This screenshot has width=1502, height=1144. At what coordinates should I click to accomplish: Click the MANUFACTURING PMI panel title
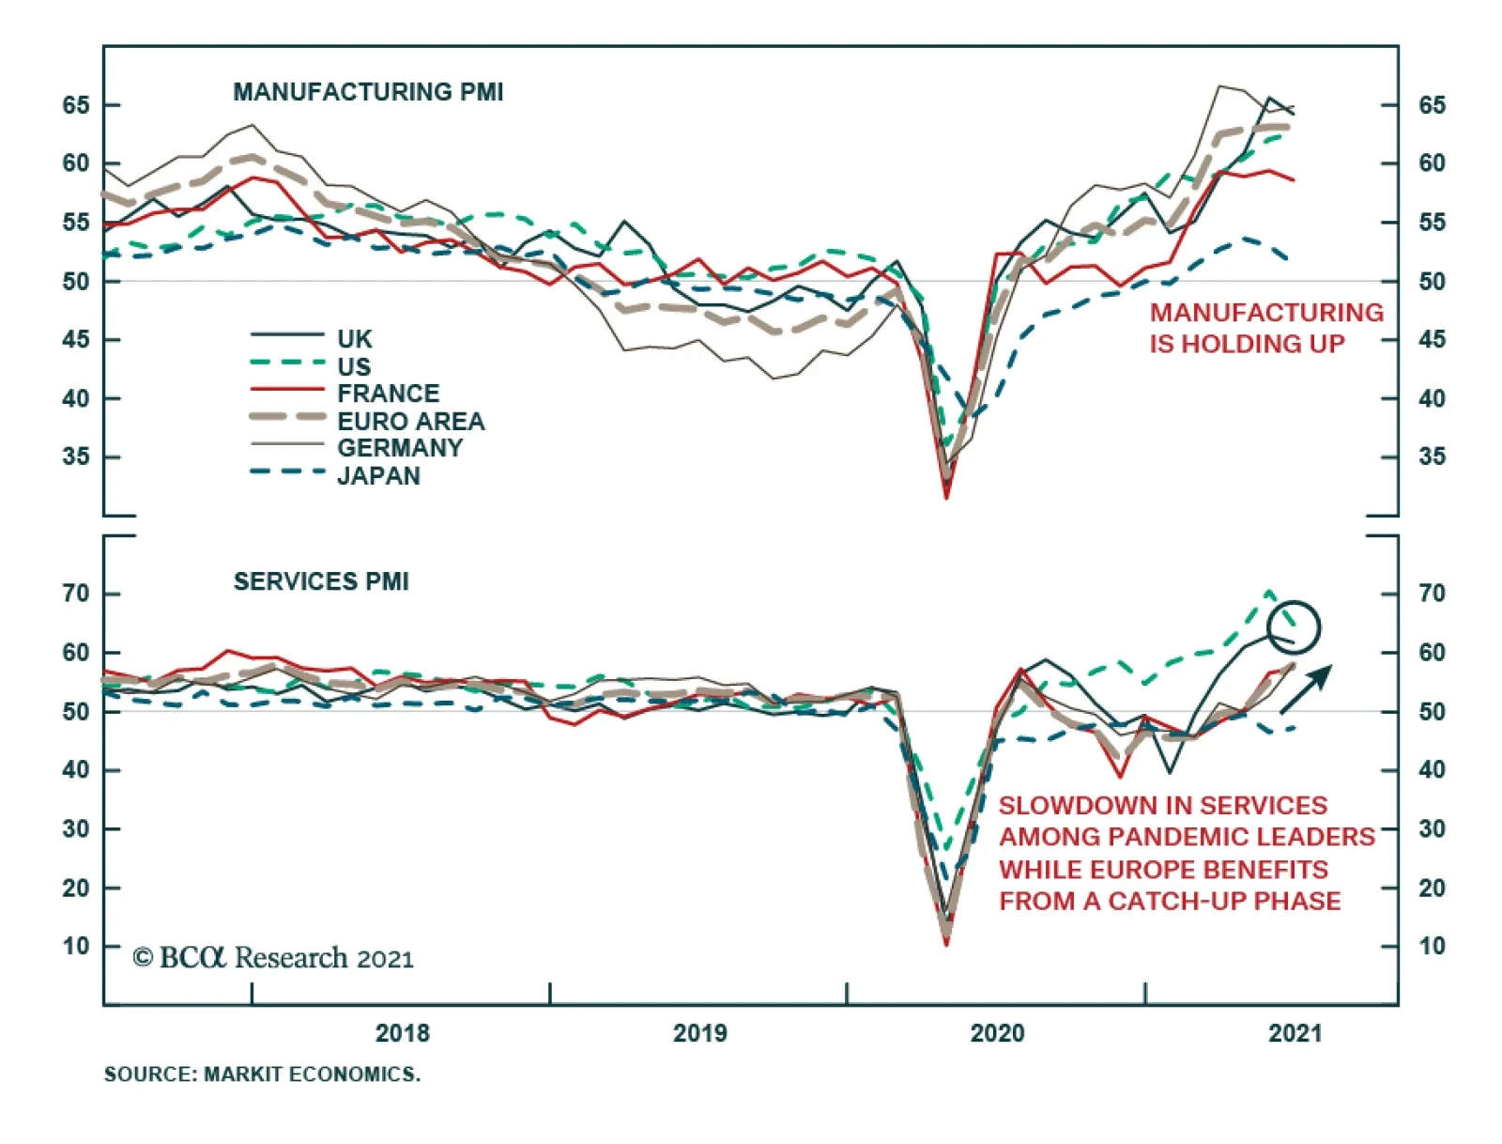[368, 92]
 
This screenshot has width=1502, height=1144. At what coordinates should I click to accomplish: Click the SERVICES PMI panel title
[321, 581]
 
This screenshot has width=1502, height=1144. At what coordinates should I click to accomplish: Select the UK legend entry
[354, 338]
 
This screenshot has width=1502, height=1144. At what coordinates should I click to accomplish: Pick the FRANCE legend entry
[388, 393]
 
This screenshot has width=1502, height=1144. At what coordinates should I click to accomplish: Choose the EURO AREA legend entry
[410, 421]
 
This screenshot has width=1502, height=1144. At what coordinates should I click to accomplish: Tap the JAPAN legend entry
[378, 475]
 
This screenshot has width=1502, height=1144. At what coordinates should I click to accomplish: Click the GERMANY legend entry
[400, 448]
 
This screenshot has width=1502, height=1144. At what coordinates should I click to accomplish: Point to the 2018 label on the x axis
[402, 1033]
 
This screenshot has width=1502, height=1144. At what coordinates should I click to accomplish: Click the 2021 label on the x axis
[1295, 1033]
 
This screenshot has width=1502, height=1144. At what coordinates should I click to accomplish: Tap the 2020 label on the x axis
[997, 1033]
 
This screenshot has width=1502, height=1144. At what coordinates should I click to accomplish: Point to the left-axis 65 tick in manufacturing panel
[76, 105]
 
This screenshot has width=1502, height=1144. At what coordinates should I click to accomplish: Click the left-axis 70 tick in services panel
[76, 594]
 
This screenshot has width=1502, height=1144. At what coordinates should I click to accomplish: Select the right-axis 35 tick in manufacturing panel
[1432, 457]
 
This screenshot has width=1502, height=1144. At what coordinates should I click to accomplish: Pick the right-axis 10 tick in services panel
[1432, 946]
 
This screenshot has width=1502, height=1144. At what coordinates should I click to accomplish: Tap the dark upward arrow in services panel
[1307, 688]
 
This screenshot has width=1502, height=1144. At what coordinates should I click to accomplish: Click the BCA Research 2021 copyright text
[273, 957]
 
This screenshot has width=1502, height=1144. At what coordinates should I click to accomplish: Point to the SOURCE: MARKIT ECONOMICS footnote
[262, 1074]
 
